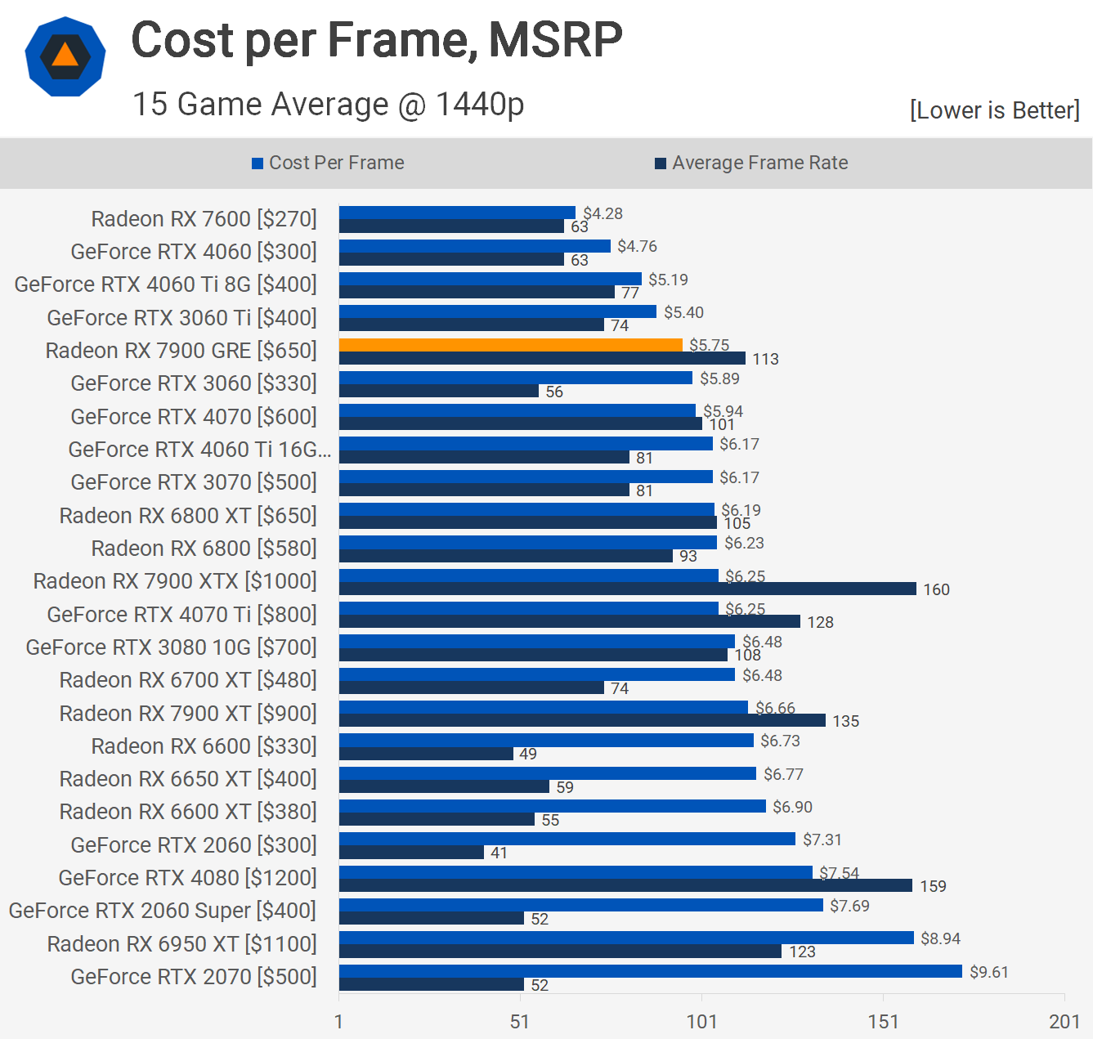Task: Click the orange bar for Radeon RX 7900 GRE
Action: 510,345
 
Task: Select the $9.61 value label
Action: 988,972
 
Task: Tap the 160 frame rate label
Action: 936,589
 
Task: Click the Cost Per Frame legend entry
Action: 328,163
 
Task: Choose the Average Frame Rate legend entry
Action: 751,163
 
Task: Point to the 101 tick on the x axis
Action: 701,1021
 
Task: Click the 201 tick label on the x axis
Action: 1064,1021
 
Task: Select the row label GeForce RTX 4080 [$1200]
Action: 187,878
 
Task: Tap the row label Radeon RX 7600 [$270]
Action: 204,219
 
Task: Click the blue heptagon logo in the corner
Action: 65,56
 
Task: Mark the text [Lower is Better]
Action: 994,110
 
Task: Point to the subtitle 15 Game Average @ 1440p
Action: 328,105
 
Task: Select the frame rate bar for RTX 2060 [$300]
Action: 411,853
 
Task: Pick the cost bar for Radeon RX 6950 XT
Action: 626,938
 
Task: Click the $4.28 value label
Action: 602,213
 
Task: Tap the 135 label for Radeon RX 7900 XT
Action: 845,721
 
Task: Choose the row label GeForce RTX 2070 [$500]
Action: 194,977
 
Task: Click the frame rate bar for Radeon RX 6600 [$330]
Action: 426,754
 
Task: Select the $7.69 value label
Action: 849,906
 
